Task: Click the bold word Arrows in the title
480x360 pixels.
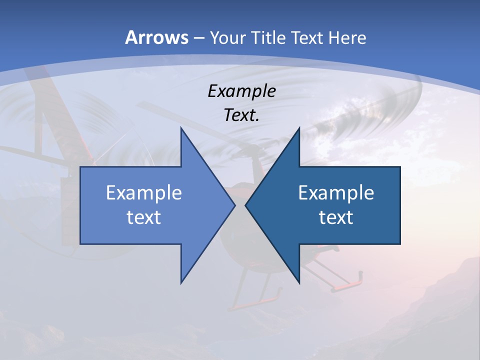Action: coord(156,37)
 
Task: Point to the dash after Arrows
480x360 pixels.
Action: coord(198,38)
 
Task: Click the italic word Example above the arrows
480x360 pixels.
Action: coord(241,91)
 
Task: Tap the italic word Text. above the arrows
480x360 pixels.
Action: coord(241,115)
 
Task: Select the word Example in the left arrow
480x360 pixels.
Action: coord(144,192)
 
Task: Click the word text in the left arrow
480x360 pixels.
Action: coord(144,217)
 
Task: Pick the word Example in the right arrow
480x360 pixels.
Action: coord(336,192)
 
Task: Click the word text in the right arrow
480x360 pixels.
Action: coord(336,217)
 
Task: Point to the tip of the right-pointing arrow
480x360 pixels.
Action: coord(235,205)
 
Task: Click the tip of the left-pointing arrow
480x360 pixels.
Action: coord(245,205)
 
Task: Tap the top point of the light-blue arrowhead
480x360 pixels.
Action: coord(181,128)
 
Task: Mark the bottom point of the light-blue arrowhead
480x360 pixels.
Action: coord(181,283)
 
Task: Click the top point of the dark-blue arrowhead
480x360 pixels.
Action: coord(299,128)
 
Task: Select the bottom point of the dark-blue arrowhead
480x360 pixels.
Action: coord(299,283)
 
